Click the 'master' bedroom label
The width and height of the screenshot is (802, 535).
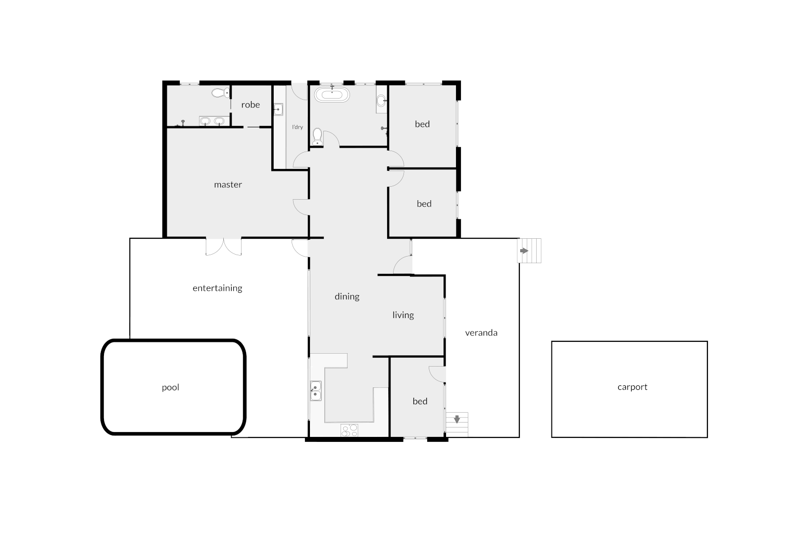(228, 185)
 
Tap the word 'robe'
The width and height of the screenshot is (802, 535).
(251, 105)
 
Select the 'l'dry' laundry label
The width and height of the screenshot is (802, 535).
(297, 127)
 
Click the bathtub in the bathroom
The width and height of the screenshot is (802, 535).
(332, 95)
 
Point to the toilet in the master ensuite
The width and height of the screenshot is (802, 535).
(220, 93)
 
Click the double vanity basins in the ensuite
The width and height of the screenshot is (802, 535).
(212, 121)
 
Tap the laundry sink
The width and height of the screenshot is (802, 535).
(278, 109)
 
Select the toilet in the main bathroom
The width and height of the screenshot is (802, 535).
(317, 137)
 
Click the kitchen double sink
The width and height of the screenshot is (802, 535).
(315, 391)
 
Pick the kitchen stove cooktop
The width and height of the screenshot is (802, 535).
(349, 430)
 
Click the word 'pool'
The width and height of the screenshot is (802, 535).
(170, 387)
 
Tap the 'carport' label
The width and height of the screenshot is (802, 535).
(632, 387)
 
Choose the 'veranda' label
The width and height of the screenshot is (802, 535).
(481, 333)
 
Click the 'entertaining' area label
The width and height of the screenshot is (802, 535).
(217, 288)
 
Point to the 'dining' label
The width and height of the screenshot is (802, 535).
(347, 297)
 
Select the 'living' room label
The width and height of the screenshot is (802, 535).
(403, 315)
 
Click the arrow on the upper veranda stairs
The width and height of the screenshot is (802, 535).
(524, 251)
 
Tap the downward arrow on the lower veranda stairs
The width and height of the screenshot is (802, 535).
(457, 420)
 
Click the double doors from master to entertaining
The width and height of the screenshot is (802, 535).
(224, 247)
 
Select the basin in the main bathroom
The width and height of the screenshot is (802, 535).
(381, 102)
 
